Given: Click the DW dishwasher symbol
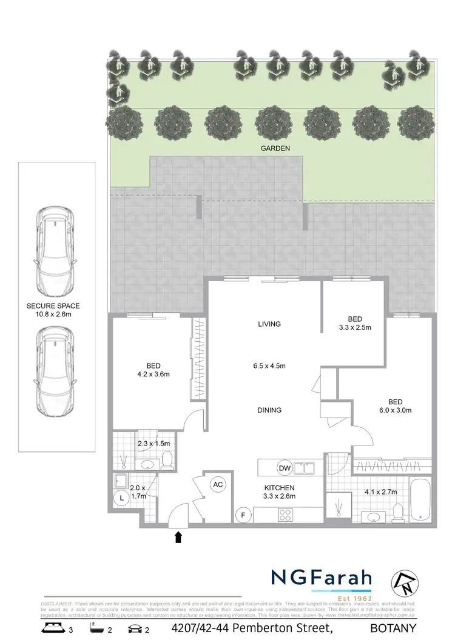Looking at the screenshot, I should point(284,468).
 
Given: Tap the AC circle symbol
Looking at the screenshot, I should point(218,484).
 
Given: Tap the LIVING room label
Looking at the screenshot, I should point(269,324).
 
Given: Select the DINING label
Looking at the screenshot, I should point(269,410).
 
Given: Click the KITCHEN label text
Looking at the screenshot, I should point(279,488).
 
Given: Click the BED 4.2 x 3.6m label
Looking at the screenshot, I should point(153,370).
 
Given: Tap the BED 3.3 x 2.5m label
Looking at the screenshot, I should point(355,323).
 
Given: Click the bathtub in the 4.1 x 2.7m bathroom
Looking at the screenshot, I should point(420,502).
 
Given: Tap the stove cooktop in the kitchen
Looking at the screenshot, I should point(286,515).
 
